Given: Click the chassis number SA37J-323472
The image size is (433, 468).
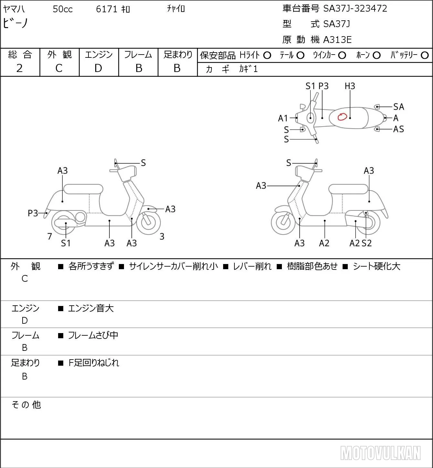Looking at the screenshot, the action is click(x=355, y=9).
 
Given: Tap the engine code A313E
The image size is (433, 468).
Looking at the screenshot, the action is click(x=337, y=40).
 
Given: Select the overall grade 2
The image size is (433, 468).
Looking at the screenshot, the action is click(x=19, y=68).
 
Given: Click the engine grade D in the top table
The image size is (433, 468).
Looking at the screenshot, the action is click(x=98, y=68).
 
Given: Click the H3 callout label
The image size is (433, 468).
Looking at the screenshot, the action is click(x=350, y=86).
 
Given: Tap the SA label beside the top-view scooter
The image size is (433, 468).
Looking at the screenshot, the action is click(x=398, y=107).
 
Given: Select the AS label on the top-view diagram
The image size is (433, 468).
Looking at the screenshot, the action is click(x=398, y=129).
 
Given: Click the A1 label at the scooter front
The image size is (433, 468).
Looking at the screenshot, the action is click(x=283, y=118).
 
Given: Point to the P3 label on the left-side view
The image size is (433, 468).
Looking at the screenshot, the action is click(x=33, y=213).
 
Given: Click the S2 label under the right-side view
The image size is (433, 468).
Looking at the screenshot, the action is click(x=366, y=243).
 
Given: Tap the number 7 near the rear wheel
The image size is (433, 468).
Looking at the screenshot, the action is click(x=49, y=236).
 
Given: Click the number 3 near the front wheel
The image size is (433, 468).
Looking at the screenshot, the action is click(x=162, y=236).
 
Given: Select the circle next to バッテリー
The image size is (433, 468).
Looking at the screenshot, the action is click(x=425, y=56).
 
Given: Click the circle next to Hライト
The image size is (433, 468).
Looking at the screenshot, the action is click(x=267, y=56).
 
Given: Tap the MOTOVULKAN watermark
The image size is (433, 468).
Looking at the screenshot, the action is click(x=380, y=453).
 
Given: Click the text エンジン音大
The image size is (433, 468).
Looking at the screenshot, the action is click(x=91, y=308).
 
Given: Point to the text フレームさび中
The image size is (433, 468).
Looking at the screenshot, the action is click(x=93, y=335).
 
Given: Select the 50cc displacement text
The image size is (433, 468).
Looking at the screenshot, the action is click(x=63, y=9).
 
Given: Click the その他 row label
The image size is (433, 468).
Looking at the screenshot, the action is click(x=26, y=405).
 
